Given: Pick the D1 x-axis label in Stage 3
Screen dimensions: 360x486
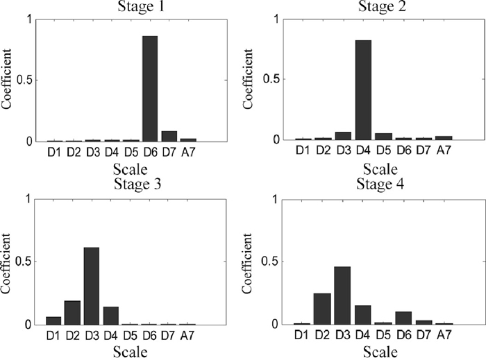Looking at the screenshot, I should [53, 336].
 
